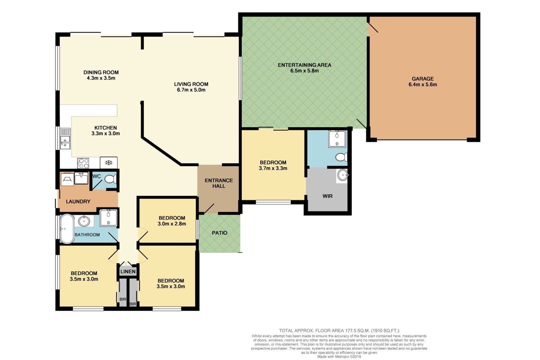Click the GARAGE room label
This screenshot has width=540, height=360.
423,79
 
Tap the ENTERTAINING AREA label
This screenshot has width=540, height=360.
304,65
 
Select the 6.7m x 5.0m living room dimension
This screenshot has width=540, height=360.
191,90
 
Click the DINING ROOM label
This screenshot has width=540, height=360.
101,72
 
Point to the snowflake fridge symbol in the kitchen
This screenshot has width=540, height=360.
109,163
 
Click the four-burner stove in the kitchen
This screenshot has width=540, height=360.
83,163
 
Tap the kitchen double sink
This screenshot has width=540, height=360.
65,139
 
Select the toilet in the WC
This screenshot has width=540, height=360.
111,179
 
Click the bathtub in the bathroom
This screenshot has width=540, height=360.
67,229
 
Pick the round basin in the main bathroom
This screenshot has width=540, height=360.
84,221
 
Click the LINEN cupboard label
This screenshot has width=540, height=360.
128,272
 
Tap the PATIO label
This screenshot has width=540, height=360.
220,233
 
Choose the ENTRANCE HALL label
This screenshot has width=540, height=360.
219,183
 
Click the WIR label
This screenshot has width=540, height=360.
327,196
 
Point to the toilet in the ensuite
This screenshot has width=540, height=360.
341,157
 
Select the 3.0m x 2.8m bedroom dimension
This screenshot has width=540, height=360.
172,224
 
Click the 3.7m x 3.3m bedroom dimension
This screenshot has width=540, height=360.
273,168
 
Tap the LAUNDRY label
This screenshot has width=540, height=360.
78,202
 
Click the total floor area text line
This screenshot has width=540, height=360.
339,331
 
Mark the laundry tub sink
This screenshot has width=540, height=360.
81,178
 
